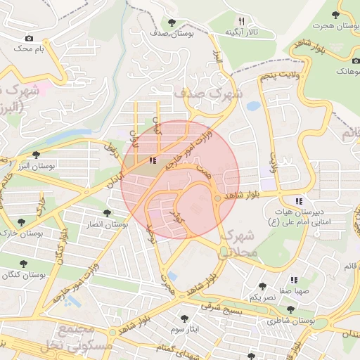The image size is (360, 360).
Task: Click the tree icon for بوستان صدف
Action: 173,22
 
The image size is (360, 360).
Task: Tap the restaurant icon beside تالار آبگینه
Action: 241,21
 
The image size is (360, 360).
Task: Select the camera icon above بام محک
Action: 29,38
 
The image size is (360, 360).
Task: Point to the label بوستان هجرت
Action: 335,25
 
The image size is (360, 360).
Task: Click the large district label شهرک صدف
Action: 208,92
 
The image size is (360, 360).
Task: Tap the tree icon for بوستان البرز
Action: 37,155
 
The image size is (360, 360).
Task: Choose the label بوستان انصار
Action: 105,224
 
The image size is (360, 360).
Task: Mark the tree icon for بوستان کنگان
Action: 23,264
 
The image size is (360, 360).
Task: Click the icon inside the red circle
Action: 153,160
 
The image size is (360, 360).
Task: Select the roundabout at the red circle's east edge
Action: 219,200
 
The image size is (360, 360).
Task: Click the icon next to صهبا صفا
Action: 294,279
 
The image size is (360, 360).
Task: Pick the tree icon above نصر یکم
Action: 262,286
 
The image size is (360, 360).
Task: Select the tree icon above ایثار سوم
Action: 185,318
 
